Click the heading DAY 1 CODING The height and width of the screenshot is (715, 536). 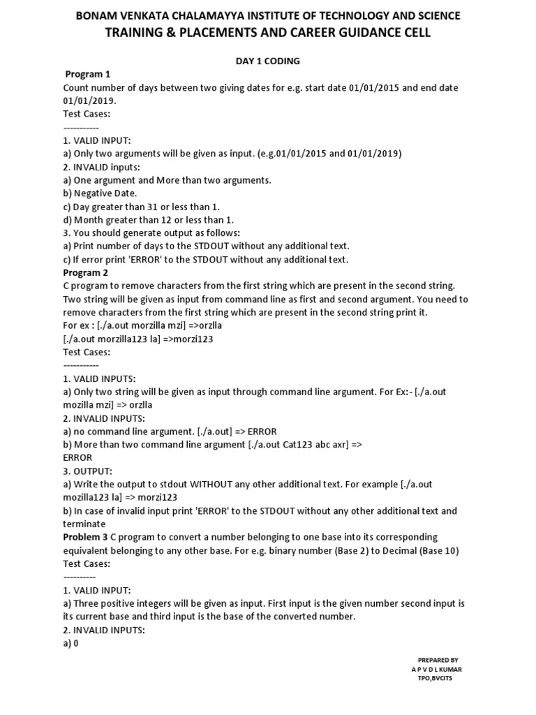(x=267, y=61)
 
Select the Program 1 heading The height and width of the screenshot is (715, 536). (x=88, y=74)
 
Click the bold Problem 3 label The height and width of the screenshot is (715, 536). (x=86, y=537)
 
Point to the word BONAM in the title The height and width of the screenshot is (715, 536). (x=98, y=15)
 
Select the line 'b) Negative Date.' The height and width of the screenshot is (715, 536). (x=100, y=193)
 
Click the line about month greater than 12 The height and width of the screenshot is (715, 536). (x=149, y=219)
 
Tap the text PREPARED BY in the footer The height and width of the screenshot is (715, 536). (x=438, y=660)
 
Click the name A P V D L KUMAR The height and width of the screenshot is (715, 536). (x=436, y=669)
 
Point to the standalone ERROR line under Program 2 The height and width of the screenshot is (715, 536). (x=77, y=457)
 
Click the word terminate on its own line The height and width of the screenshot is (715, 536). (x=84, y=524)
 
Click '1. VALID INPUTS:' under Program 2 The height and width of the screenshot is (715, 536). (x=99, y=378)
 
